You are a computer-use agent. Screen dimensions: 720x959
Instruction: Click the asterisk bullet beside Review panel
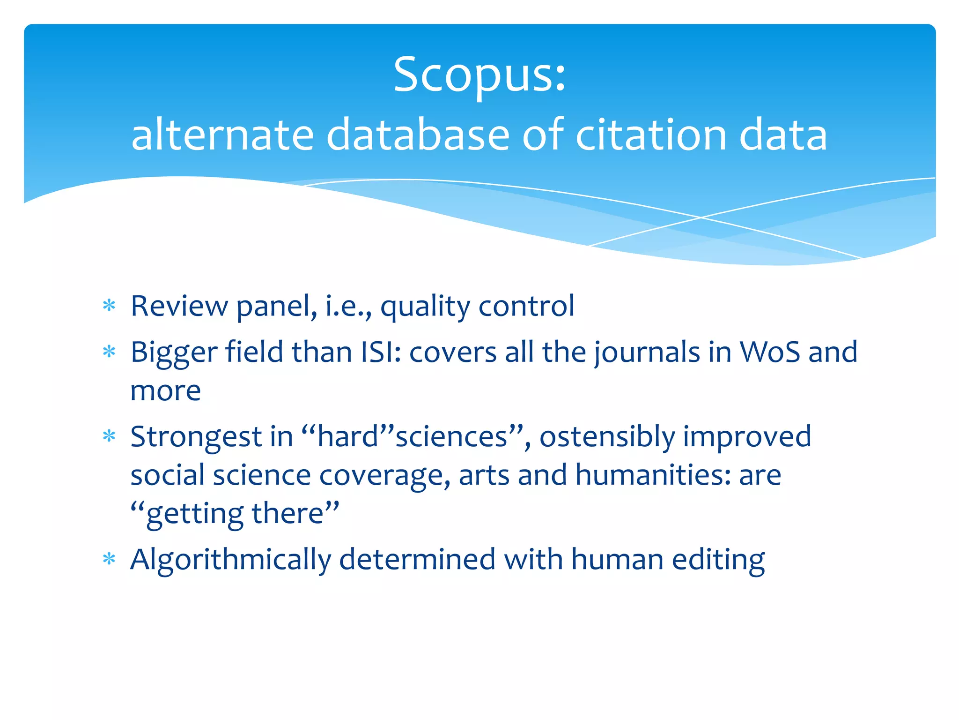tap(109, 306)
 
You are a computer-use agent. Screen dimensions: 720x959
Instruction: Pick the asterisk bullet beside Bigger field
tap(109, 352)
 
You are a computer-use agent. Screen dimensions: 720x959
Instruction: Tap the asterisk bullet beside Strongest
tap(109, 436)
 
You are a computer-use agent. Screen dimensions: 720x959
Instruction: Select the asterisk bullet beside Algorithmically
tap(109, 559)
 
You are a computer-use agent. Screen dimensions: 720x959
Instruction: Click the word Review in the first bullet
tap(179, 306)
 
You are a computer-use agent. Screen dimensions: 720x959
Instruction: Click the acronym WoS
tap(769, 352)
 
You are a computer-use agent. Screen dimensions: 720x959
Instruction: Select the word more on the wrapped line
tap(165, 391)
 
